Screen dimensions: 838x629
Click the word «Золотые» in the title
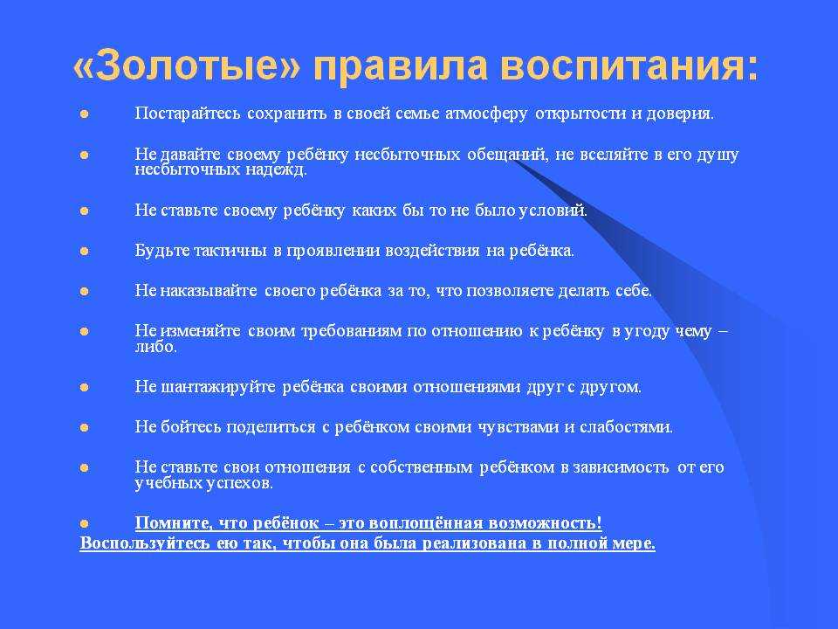187,66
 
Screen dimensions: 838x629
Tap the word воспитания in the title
629,66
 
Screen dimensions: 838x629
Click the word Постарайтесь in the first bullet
188,114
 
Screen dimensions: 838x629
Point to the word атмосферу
486,114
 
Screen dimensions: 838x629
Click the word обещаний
508,155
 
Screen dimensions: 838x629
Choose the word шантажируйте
218,387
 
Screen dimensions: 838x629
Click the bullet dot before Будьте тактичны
85,251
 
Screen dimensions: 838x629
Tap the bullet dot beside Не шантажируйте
85,387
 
